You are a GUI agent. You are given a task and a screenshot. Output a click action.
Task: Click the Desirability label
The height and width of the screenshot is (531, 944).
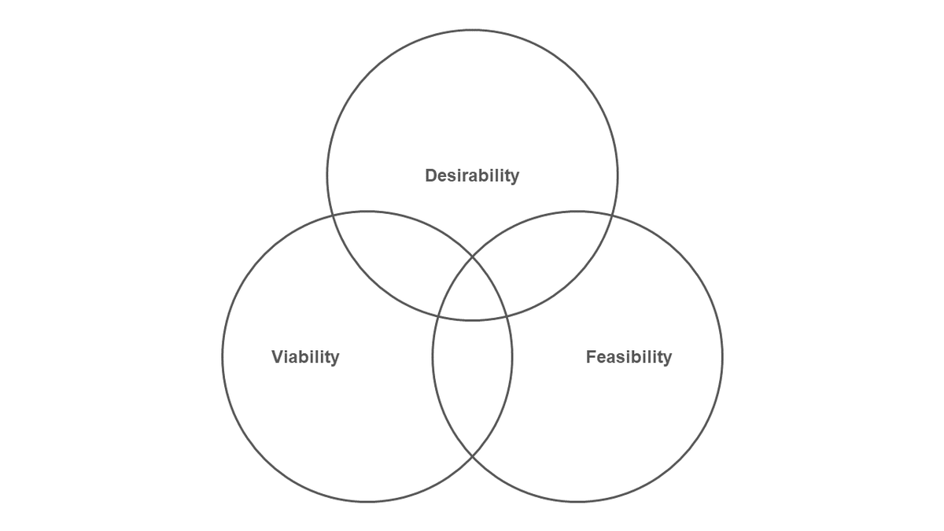(x=472, y=175)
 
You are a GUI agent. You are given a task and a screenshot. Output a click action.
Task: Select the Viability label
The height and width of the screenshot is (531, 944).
(x=305, y=357)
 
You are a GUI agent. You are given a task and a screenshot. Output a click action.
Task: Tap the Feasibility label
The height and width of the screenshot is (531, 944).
(x=629, y=357)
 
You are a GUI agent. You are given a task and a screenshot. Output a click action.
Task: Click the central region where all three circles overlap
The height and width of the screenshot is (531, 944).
(x=473, y=291)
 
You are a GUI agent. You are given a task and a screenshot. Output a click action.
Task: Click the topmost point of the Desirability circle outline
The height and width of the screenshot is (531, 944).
(x=473, y=30)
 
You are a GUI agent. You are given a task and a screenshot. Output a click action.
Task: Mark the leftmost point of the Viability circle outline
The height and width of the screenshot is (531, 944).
(x=223, y=356)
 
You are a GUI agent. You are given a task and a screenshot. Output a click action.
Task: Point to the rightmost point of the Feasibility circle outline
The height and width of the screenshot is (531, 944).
(x=722, y=356)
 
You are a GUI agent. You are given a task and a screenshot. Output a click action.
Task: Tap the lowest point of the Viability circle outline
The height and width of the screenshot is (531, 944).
(x=367, y=502)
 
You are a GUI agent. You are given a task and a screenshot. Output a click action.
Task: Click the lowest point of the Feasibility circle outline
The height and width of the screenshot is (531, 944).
(x=577, y=502)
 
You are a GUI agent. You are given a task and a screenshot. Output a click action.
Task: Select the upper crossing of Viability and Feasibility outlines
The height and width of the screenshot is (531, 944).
(x=473, y=256)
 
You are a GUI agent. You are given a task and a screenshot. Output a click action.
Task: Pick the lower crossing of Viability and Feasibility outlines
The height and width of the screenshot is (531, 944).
(x=473, y=456)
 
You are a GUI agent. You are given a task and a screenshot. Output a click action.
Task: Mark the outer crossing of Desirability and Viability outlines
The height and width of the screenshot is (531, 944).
(x=333, y=216)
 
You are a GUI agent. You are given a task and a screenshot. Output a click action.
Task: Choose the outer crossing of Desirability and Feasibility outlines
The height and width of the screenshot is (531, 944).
(x=612, y=216)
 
